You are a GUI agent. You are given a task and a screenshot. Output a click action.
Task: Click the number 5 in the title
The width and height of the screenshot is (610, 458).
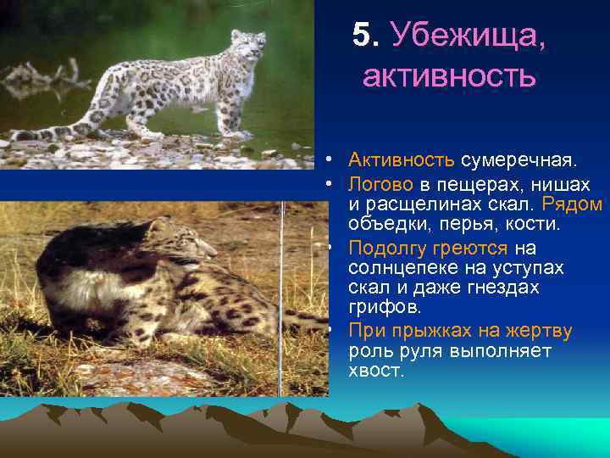(362, 36)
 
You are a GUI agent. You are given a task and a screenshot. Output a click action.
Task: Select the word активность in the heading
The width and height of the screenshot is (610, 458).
(449, 77)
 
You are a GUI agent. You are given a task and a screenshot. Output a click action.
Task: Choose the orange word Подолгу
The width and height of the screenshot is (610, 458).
(385, 248)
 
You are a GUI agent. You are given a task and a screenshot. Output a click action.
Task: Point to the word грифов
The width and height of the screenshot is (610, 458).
(378, 307)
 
